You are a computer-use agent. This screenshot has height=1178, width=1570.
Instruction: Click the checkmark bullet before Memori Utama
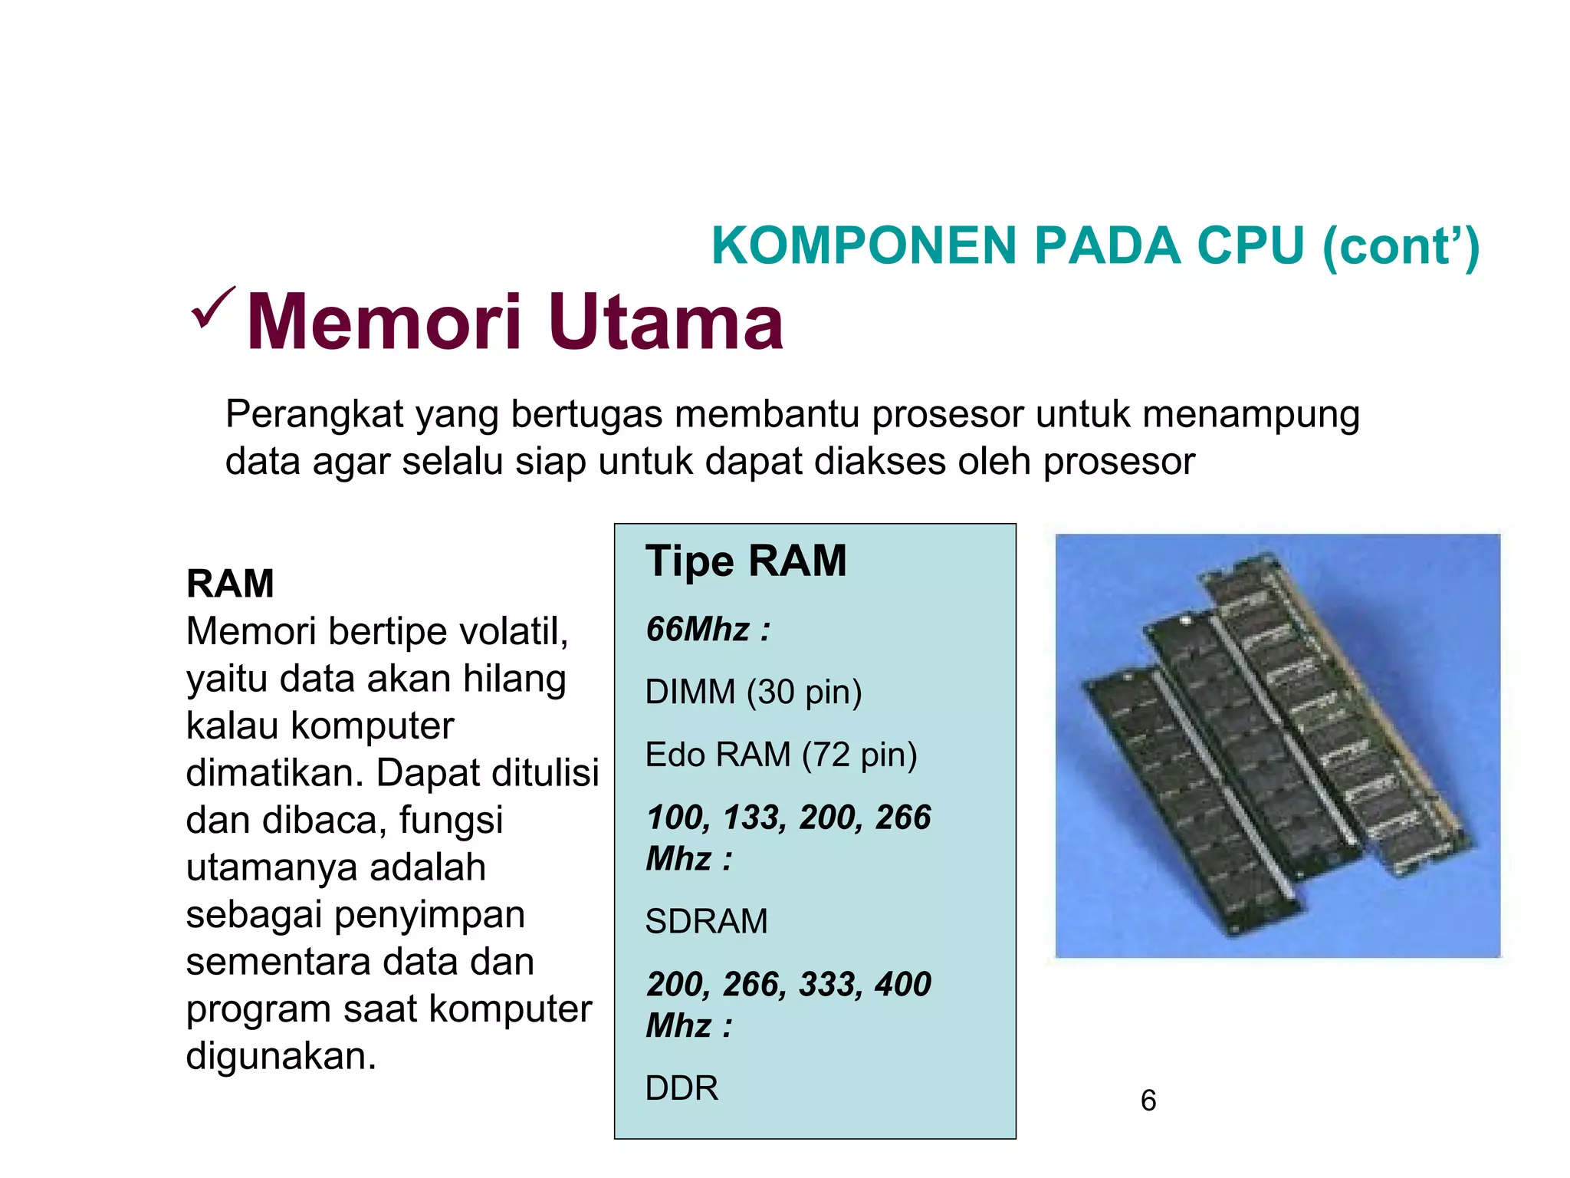point(212,309)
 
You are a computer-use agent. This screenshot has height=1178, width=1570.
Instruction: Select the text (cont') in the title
point(1401,248)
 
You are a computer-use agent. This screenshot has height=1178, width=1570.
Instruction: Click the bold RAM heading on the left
point(230,584)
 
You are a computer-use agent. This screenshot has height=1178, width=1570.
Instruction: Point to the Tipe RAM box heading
point(745,561)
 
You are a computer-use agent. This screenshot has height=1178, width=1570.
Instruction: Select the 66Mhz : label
point(708,630)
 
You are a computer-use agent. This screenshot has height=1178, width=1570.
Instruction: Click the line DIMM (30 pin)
point(753,693)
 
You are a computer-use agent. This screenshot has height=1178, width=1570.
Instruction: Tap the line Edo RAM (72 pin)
point(780,755)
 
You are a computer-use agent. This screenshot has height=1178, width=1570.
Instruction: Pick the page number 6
point(1148,1101)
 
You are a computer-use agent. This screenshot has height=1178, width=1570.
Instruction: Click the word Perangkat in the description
point(314,415)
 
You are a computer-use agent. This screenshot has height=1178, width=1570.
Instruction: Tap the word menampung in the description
point(1250,415)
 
